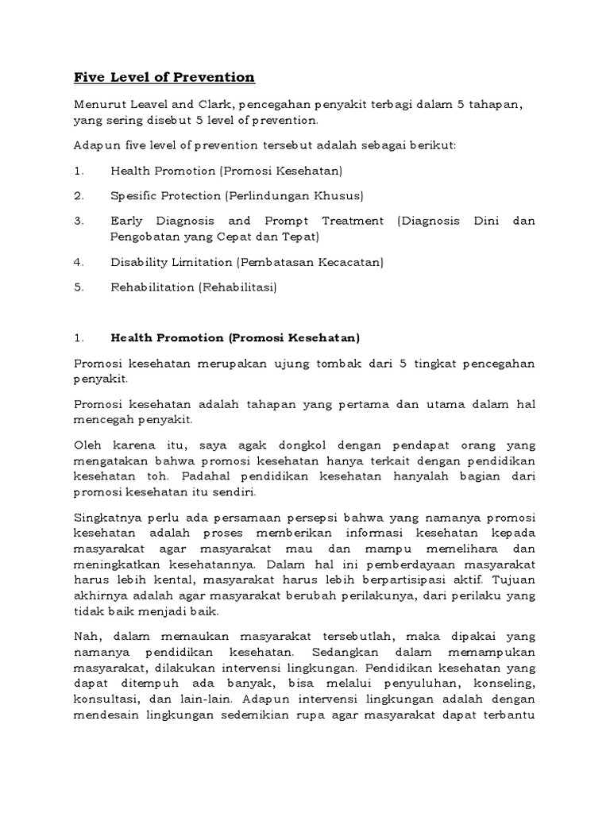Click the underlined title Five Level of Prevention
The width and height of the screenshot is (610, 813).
tap(164, 77)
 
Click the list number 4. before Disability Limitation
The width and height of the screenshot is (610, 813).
tap(79, 262)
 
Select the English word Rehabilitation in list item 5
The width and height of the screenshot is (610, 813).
tap(152, 287)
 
